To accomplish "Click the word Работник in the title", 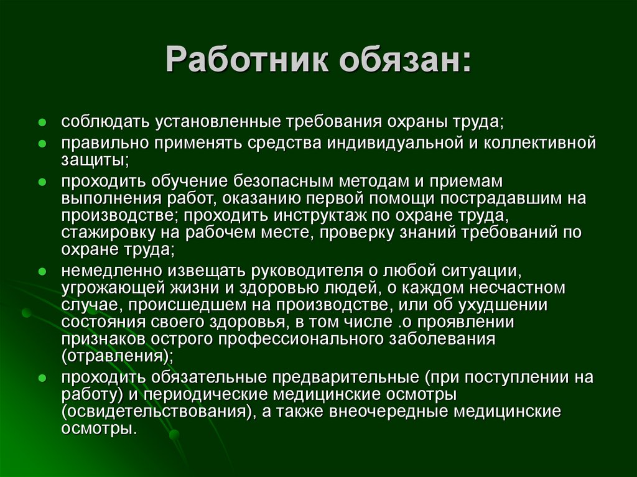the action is tap(247, 60).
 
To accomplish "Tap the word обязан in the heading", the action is tap(400, 60).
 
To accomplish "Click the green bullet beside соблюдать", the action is tap(42, 123).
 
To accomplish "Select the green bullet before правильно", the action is tap(42, 144).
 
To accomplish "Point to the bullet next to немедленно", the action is tap(42, 271).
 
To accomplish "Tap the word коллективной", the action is tap(539, 143).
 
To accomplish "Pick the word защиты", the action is tap(95, 160).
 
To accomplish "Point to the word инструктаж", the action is tap(320, 215).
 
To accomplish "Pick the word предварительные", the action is tap(346, 377).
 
